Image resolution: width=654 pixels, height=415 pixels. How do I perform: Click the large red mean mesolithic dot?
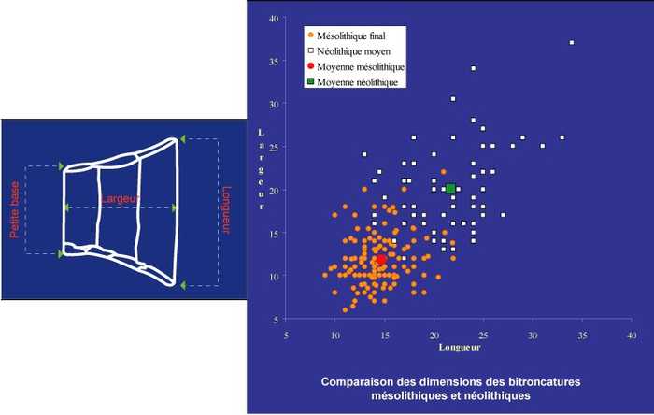(x=381, y=259)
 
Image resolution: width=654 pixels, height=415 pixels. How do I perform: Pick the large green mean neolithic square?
(x=450, y=190)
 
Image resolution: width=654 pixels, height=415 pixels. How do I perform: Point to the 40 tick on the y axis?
(x=273, y=19)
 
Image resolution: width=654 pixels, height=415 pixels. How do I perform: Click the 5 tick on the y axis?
(x=275, y=320)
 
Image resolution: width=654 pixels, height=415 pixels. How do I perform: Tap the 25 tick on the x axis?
(x=483, y=335)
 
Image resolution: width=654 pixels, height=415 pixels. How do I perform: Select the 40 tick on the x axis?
(x=631, y=335)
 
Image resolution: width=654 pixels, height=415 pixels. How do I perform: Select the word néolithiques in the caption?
(x=495, y=395)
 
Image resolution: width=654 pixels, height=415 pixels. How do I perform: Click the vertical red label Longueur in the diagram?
(x=226, y=210)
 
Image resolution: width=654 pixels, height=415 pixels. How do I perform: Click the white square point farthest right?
(x=572, y=43)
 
